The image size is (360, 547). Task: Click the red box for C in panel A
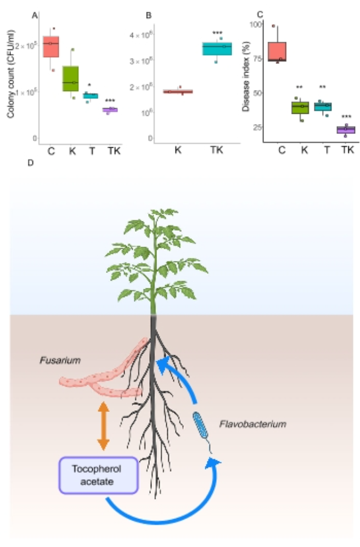(51, 46)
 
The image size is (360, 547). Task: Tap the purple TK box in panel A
(110, 110)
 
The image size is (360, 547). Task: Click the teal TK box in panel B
(217, 48)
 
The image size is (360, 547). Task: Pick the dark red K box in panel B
(178, 92)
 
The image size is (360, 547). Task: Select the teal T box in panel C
(323, 107)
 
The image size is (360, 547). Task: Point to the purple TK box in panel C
(346, 130)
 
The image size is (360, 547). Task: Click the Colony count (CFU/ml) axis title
(11, 74)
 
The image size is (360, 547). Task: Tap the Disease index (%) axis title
(246, 76)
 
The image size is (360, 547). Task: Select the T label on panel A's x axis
(92, 150)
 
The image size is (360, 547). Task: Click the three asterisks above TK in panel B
(217, 34)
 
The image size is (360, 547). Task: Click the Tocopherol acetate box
(99, 475)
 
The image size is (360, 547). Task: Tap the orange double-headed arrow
(103, 426)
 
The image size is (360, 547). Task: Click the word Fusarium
(60, 360)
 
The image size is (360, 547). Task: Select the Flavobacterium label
(252, 424)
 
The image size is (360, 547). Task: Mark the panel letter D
(31, 163)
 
